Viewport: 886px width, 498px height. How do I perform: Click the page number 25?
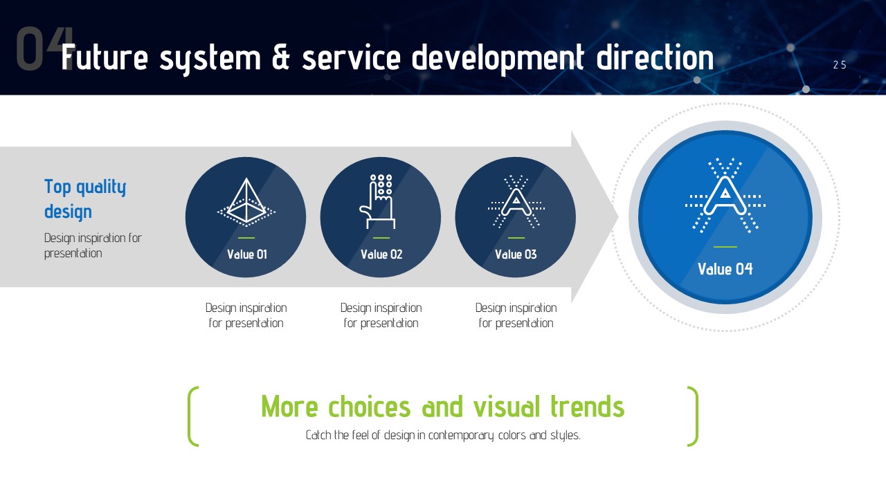[840, 65]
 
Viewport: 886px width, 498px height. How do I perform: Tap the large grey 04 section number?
[44, 48]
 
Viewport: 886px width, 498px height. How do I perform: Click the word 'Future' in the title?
[105, 57]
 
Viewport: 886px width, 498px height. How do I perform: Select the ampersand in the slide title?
[281, 57]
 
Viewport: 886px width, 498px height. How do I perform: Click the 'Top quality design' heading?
[85, 199]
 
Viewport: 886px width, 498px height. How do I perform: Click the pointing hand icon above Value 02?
[378, 201]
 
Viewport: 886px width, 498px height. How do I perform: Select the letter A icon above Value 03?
[516, 201]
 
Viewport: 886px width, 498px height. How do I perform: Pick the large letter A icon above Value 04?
[725, 195]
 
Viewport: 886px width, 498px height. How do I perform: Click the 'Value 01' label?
[247, 254]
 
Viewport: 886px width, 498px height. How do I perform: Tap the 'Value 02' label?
[381, 254]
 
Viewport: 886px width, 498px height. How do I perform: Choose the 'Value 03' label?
[516, 254]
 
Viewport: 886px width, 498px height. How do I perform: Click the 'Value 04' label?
[725, 269]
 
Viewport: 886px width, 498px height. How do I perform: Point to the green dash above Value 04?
[725, 247]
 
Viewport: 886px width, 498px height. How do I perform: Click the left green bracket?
[192, 416]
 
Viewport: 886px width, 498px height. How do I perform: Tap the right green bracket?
[694, 416]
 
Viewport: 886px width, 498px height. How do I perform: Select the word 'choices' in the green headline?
[370, 407]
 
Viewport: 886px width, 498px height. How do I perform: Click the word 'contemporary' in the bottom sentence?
[461, 436]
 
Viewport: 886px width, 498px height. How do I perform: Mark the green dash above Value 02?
[381, 238]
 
